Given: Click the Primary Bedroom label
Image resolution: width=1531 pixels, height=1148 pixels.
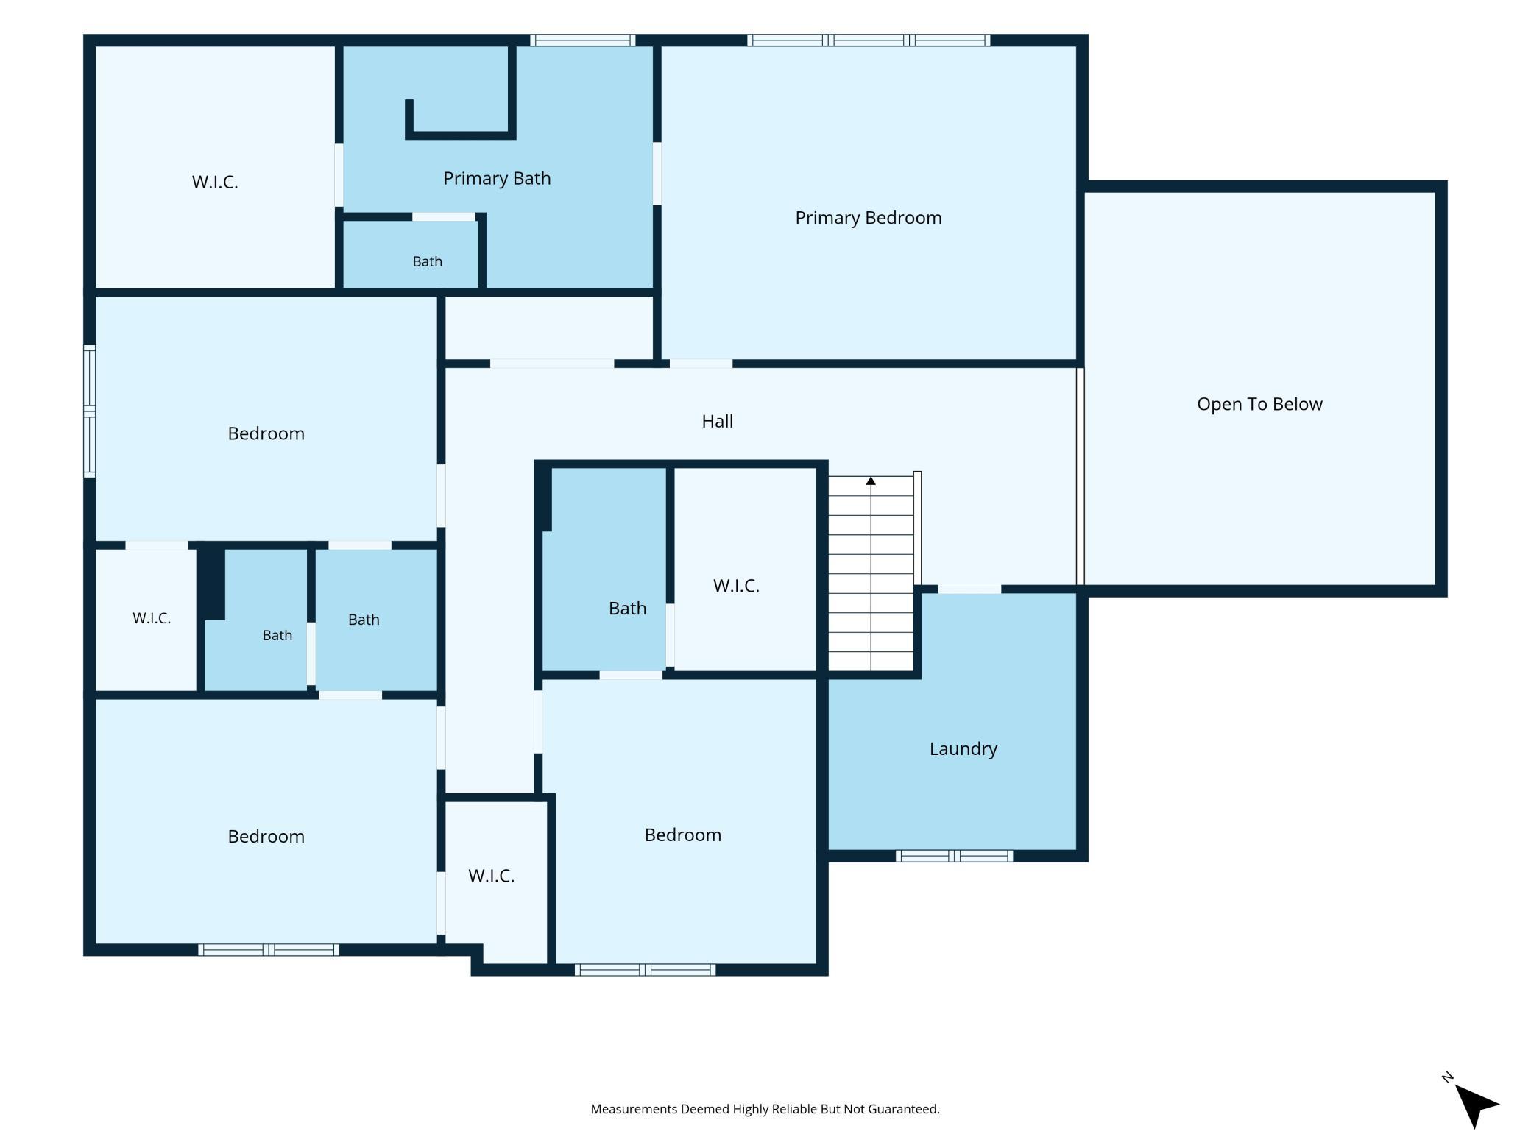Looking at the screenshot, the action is pos(868,218).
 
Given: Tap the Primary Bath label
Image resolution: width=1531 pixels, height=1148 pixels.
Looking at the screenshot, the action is pos(497,179).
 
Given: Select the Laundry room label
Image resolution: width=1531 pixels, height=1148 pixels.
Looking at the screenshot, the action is pos(963,749).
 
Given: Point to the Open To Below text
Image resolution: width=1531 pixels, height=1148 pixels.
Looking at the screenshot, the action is pos(1259,404).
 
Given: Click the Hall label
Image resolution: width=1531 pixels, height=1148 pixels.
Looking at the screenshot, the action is pos(717,421).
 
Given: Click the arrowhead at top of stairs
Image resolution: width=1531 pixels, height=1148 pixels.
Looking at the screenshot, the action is pos(871,481).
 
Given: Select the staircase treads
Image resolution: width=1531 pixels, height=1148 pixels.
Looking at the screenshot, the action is pos(871,574).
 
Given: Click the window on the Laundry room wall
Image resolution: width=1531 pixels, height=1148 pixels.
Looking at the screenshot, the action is pos(954,856).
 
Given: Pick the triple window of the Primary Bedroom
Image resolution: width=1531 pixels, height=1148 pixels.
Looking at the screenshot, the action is pos(869,40).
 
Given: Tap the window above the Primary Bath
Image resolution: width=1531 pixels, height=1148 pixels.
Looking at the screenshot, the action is pos(582,40).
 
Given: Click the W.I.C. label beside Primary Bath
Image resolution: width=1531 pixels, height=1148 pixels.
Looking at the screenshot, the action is pos(215,183).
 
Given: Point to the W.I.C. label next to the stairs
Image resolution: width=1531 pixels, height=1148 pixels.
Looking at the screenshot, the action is pos(736,586).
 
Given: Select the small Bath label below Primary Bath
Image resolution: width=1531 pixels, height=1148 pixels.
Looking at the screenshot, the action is pos(427,261).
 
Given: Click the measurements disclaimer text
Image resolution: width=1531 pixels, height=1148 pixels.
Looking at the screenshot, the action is pos(765,1109).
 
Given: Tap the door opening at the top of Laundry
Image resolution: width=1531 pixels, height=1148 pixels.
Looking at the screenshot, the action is pos(969,589).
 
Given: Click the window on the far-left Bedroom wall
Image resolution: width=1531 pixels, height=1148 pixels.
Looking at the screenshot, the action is pos(89,411).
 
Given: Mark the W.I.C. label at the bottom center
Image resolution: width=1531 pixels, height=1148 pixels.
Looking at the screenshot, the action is pos(491,876).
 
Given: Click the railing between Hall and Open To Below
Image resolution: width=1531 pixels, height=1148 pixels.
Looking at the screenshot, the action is pos(1081,476).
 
